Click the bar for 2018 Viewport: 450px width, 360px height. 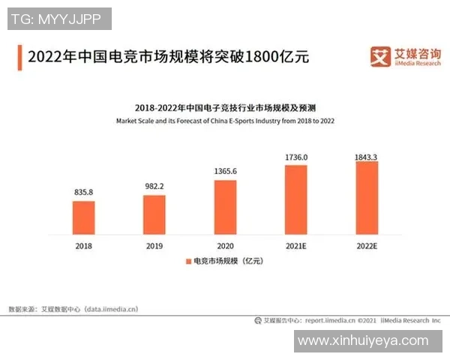click(84, 217)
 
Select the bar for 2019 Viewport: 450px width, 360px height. click(154, 214)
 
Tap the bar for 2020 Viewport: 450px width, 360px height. click(225, 207)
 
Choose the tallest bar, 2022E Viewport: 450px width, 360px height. click(367, 197)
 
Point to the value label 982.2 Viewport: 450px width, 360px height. click(154, 187)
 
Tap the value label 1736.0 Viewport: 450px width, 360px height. click(296, 157)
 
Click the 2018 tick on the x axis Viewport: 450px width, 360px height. click(84, 245)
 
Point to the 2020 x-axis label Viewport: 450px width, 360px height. click(225, 245)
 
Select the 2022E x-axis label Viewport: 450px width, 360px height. click(367, 245)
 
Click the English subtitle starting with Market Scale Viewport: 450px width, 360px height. click(225, 121)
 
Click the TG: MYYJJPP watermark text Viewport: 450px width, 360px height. click(59, 19)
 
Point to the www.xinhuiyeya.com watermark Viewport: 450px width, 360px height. click(363, 341)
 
